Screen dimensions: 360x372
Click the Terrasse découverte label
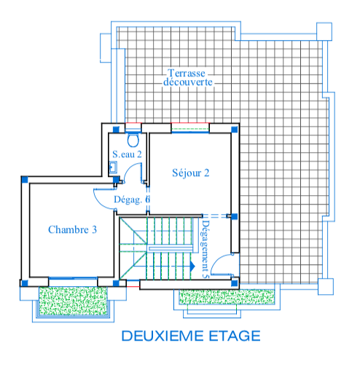point(187,78)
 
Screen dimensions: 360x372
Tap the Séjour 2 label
point(191,173)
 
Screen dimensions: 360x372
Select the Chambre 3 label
point(72,229)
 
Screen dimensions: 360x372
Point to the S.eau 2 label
point(127,154)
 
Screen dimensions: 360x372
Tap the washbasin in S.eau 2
point(113,167)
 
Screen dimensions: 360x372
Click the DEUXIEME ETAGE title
point(191,336)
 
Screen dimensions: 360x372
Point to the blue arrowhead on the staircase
point(192,266)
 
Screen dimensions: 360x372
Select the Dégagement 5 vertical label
point(205,249)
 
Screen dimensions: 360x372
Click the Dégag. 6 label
point(132,199)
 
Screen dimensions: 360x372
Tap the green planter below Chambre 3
point(74,301)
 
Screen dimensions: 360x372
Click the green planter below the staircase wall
point(227,296)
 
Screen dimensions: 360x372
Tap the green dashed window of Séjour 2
point(190,127)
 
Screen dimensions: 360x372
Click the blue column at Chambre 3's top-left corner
point(25,180)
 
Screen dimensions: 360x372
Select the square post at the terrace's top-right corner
point(324,31)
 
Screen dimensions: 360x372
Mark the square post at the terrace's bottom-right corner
point(326,287)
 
